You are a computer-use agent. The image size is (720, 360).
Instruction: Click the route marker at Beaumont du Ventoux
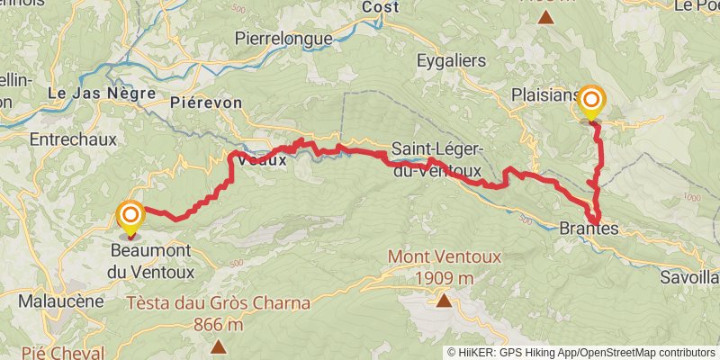tap(130, 216)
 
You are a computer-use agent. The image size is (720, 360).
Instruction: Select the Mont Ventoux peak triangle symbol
tap(443, 300)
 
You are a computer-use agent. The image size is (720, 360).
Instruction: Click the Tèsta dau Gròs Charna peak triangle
tap(218, 346)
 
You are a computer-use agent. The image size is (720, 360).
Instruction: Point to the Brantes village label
tap(589, 229)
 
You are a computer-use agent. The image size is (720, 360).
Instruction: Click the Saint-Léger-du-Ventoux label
tap(437, 159)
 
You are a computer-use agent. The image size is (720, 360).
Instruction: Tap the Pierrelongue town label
tap(283, 39)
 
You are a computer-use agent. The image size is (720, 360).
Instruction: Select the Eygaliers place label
tap(451, 61)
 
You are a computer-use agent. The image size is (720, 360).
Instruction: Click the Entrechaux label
tap(68, 139)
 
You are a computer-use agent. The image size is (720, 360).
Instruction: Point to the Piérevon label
tap(206, 103)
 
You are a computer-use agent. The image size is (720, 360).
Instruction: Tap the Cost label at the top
tap(380, 7)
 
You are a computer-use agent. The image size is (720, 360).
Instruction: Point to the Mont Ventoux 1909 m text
tap(444, 267)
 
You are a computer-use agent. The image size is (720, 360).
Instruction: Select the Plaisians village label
tap(543, 95)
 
